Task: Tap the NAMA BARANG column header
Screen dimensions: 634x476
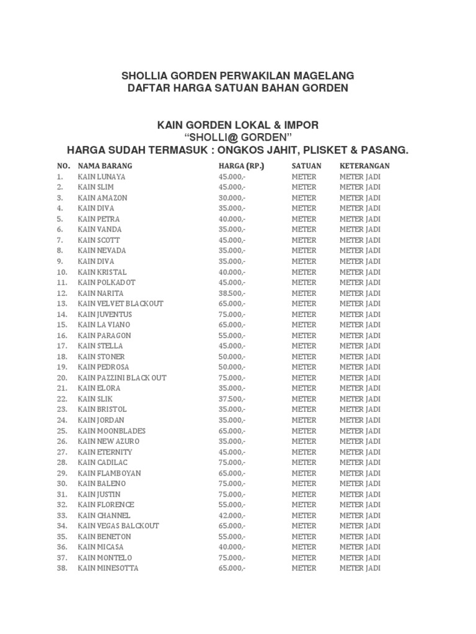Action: pyautogui.click(x=105, y=166)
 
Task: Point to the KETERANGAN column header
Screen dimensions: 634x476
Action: pyautogui.click(x=364, y=166)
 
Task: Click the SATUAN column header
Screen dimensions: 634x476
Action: pyautogui.click(x=306, y=166)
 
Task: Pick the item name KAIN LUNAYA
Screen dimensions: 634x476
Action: pyautogui.click(x=102, y=176)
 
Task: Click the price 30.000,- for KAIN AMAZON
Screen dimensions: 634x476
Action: pyautogui.click(x=232, y=198)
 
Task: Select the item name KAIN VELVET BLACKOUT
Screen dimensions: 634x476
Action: pyautogui.click(x=121, y=303)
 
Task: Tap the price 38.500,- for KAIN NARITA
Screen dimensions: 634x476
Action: pyautogui.click(x=232, y=293)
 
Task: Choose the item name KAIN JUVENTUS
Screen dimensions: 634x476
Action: pyautogui.click(x=105, y=314)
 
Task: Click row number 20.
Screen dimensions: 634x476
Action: pyautogui.click(x=62, y=378)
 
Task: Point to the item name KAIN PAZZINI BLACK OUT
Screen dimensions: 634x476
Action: pyautogui.click(x=122, y=378)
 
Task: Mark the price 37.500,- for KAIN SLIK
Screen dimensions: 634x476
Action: pyautogui.click(x=232, y=399)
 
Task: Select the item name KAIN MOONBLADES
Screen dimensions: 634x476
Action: pyautogui.click(x=112, y=430)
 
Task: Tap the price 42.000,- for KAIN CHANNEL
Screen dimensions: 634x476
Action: pyautogui.click(x=232, y=515)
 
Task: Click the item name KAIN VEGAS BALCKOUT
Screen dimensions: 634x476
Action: pyautogui.click(x=118, y=526)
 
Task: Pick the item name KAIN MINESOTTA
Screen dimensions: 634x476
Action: pyautogui.click(x=108, y=568)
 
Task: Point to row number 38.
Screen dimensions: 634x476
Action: pyautogui.click(x=62, y=568)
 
